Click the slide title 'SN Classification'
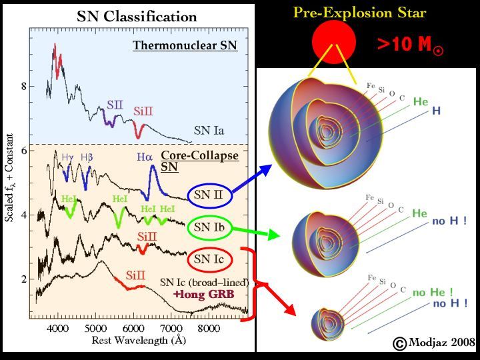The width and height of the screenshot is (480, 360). [137, 17]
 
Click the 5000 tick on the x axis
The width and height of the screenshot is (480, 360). [95, 328]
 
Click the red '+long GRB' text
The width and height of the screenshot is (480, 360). [198, 293]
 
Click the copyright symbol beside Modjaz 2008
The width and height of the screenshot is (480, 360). [399, 343]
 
